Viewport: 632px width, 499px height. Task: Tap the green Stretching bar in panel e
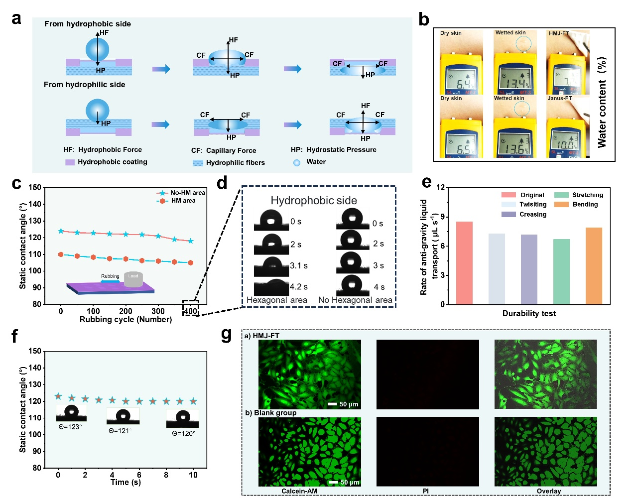(x=561, y=271)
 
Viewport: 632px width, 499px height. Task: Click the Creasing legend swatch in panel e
(x=508, y=214)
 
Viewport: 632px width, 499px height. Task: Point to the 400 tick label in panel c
(x=190, y=311)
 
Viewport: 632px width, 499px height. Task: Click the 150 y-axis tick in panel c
(x=35, y=188)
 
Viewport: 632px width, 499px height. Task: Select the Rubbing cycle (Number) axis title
(x=126, y=319)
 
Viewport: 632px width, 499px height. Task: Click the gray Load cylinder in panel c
(x=133, y=280)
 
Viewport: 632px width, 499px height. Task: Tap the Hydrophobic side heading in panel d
(x=314, y=200)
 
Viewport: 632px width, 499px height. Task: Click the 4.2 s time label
(x=299, y=287)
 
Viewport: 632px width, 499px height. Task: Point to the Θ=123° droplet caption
(x=70, y=427)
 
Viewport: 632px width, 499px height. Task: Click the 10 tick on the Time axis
(x=193, y=475)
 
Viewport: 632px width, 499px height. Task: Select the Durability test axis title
(x=529, y=313)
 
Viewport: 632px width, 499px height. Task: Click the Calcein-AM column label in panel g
(x=299, y=491)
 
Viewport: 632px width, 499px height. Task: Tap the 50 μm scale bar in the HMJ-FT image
(x=333, y=404)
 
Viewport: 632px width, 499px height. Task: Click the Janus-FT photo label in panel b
(x=560, y=98)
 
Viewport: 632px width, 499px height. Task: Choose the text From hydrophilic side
(x=84, y=85)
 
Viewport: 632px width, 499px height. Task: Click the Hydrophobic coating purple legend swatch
(x=70, y=162)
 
